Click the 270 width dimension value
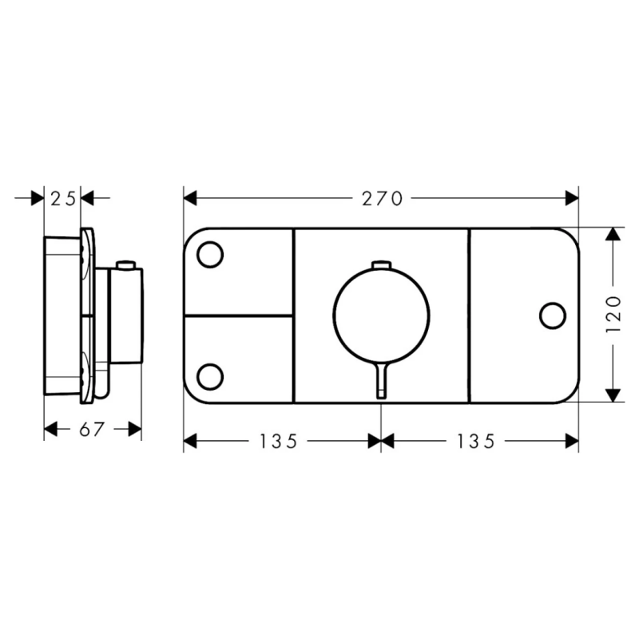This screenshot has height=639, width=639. coord(383,199)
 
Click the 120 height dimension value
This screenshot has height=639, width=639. coord(613,314)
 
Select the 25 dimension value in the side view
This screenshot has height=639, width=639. coord(63,199)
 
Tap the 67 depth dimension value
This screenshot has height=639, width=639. coord(92,429)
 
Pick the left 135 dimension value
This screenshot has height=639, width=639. coord(279,441)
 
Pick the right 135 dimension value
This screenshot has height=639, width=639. coord(476,441)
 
